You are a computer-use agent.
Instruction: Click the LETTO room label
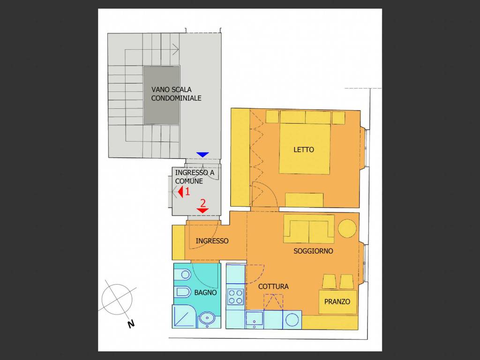(x=304, y=150)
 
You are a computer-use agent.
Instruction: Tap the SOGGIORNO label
(x=313, y=251)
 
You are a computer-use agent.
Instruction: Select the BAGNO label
(x=205, y=292)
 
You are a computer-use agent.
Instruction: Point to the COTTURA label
(x=273, y=286)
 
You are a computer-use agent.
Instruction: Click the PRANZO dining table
(x=337, y=302)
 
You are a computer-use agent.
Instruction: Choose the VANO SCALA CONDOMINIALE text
(x=176, y=94)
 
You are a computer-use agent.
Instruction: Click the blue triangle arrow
(x=202, y=155)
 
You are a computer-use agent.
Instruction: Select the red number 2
(x=203, y=203)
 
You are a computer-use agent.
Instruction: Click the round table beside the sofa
(x=347, y=228)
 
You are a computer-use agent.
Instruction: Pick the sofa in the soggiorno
(x=309, y=229)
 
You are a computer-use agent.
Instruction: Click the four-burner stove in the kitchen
(x=235, y=296)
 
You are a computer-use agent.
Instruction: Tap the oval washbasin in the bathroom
(x=206, y=319)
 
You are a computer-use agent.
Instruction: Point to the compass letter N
(x=131, y=323)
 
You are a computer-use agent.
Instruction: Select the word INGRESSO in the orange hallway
(x=212, y=241)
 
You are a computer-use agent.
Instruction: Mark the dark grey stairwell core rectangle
(x=162, y=95)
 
